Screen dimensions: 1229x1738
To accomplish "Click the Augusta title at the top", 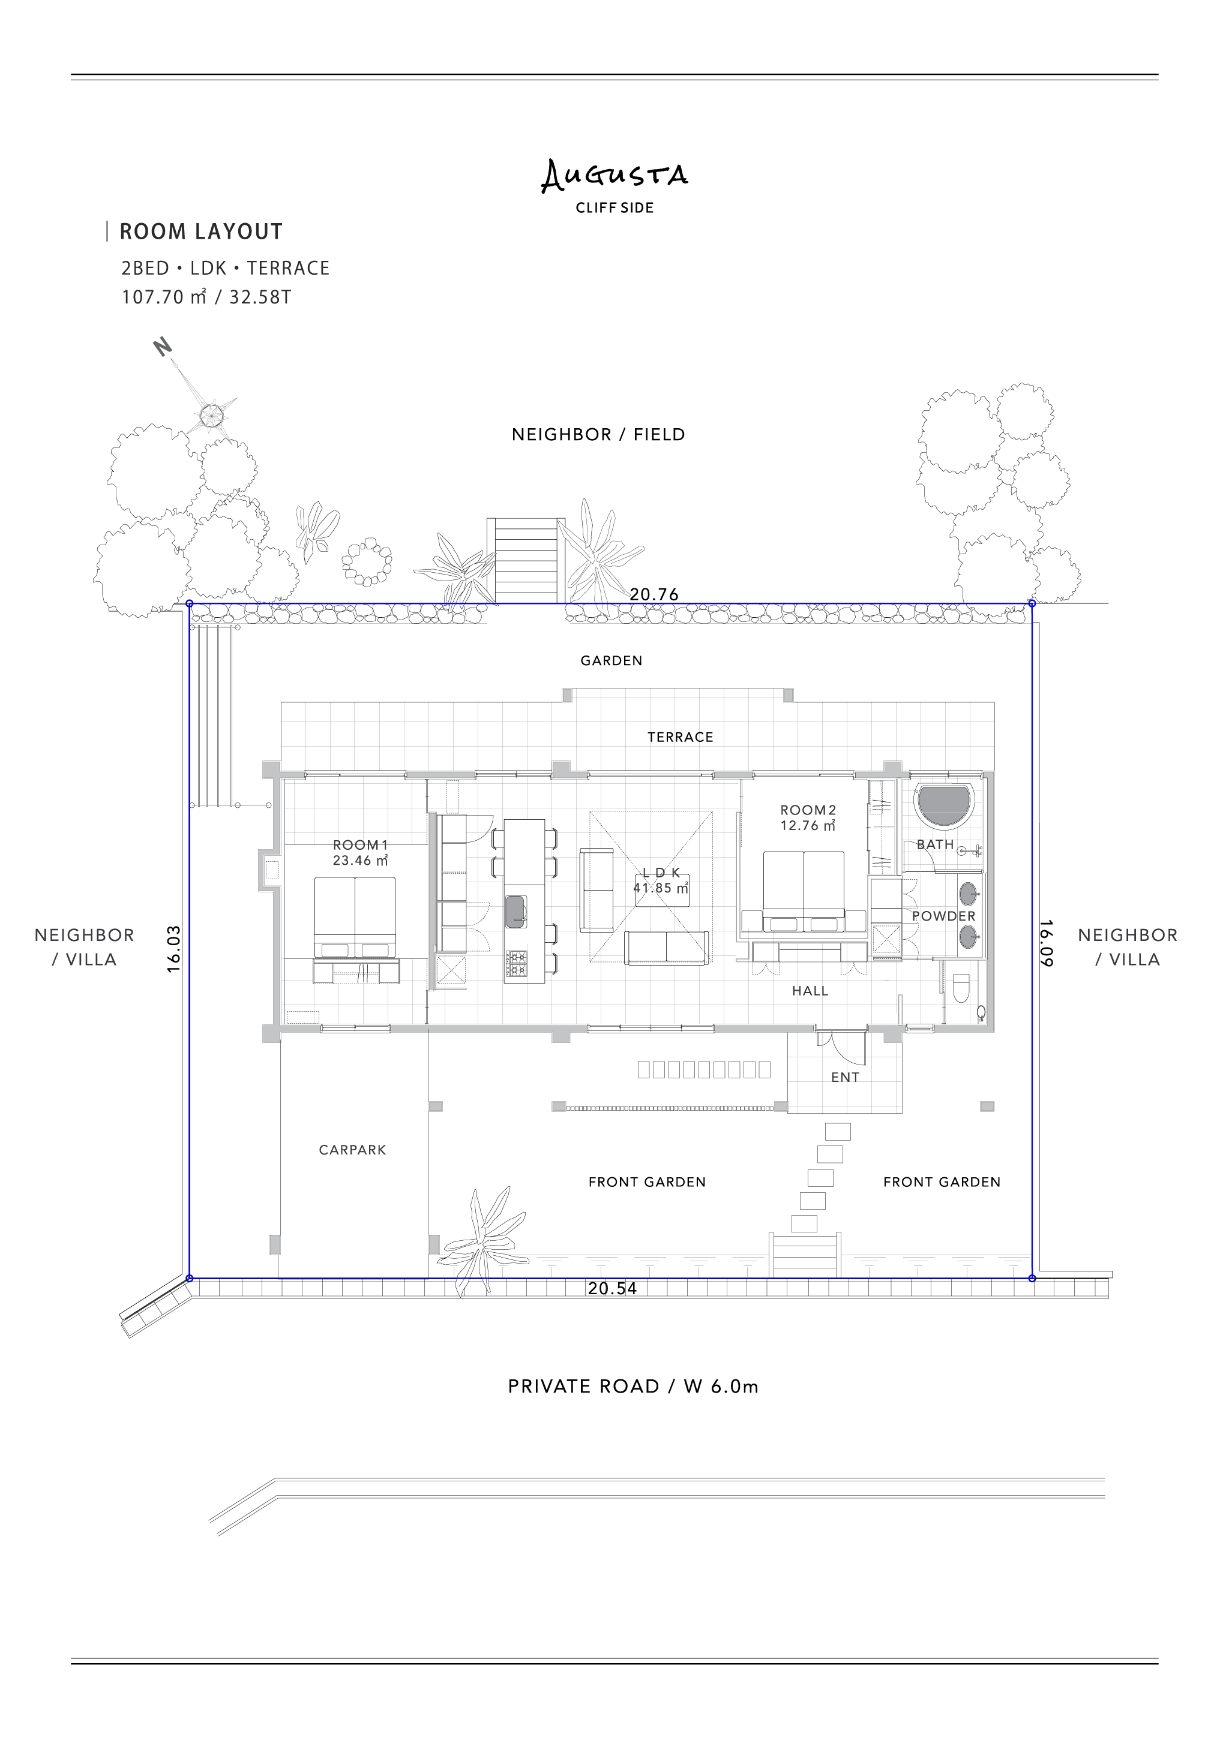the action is tap(614, 175).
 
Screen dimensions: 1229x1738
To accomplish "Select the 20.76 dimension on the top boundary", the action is tap(654, 594).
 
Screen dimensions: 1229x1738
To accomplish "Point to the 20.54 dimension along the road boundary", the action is tap(613, 1288).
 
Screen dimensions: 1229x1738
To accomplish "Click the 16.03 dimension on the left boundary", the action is tap(173, 949).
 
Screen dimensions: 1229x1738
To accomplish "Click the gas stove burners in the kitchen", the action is tap(517, 963).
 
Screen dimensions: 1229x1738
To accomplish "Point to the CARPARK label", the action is tap(352, 1150).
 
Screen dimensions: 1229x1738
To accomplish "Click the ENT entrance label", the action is tap(845, 1077).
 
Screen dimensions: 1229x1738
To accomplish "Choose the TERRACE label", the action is tap(680, 736).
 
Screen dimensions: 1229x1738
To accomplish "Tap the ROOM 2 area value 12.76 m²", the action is tap(808, 826).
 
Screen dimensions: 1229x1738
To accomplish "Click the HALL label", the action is tap(810, 991).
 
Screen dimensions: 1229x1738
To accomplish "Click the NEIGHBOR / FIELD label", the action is tap(598, 434).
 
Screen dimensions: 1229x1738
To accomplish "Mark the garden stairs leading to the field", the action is tap(526, 561).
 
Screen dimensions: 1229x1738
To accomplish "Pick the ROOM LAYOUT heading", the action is tap(200, 231).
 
